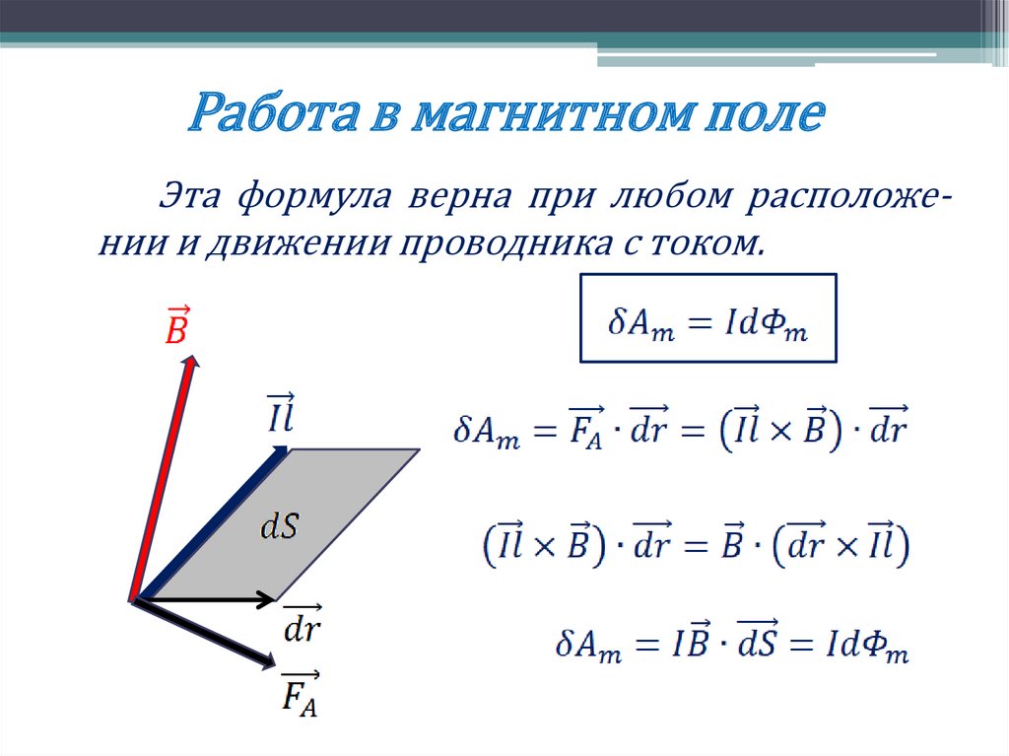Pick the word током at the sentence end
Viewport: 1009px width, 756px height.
(x=717, y=241)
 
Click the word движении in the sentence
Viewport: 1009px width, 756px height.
(x=273, y=241)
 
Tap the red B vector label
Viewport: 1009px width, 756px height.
(x=175, y=325)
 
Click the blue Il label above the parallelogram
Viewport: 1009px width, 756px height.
(x=279, y=413)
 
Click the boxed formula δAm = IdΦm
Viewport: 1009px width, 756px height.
(x=707, y=317)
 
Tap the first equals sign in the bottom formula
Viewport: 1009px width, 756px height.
(x=644, y=648)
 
